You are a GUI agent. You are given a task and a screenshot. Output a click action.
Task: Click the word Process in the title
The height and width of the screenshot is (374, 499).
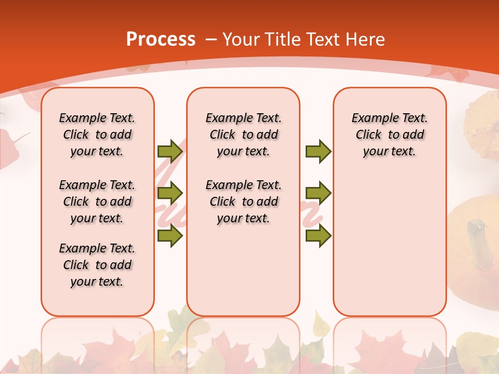coord(161,39)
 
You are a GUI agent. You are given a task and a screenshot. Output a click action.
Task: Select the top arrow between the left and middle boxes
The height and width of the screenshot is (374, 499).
coord(169,151)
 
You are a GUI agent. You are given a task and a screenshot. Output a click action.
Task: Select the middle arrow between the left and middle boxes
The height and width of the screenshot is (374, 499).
coord(169,193)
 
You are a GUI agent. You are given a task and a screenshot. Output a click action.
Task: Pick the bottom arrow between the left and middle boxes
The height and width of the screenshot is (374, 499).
coord(169,236)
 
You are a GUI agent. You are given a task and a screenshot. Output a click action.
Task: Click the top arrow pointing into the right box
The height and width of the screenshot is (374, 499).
coord(318,151)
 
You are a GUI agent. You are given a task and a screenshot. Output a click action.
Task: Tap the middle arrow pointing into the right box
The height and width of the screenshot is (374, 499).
coord(318,193)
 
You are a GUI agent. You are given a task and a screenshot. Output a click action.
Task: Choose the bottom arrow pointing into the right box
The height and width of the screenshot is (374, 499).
coord(318,236)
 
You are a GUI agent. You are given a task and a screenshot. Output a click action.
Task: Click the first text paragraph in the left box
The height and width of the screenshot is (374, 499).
coord(97,135)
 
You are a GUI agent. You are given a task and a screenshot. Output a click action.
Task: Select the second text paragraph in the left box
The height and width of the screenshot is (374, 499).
coord(97,202)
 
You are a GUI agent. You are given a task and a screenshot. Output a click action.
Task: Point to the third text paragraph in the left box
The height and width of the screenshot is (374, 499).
coord(97,265)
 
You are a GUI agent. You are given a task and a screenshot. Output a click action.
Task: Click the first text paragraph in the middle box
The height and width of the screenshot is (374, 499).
coord(244,135)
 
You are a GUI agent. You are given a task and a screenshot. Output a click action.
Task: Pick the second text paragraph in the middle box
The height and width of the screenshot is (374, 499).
coord(244,202)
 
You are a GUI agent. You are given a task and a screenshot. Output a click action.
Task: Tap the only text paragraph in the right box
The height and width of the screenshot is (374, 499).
coord(390,135)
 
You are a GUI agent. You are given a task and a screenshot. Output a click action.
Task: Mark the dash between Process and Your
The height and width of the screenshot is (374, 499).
coord(211,39)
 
